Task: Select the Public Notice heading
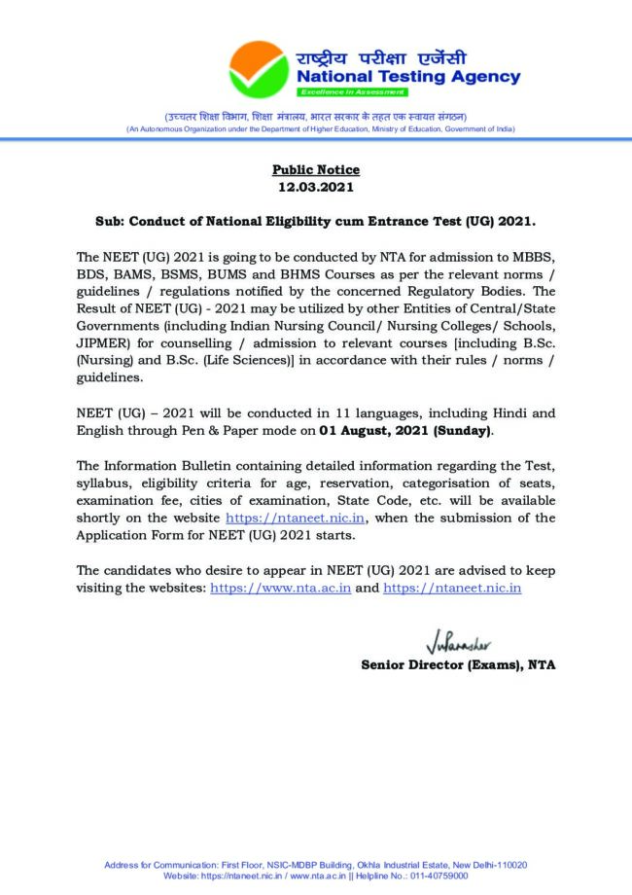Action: click(316, 170)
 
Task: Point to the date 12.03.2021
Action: click(315, 187)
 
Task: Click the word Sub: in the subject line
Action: click(110, 222)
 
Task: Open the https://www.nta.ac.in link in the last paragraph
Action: click(281, 588)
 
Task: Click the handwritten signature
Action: click(458, 645)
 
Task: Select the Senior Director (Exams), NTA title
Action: click(458, 665)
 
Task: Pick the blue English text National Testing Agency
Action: click(407, 77)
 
